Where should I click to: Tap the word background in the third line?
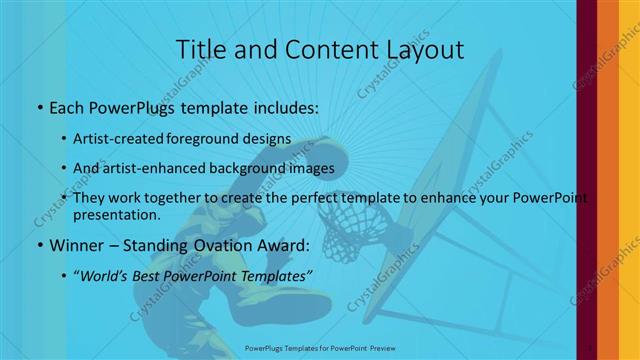point(249,168)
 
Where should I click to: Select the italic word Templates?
point(276,274)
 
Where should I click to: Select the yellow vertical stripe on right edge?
point(629,180)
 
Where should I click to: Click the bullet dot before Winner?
point(39,245)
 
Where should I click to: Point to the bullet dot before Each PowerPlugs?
point(39,106)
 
